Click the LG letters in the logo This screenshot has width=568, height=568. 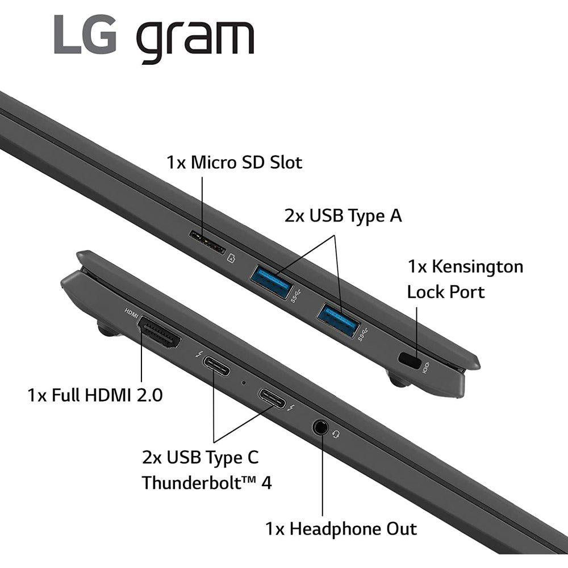(86, 35)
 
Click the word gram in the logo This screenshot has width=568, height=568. (195, 41)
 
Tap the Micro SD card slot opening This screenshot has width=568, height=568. (207, 243)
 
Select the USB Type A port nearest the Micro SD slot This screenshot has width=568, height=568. (272, 281)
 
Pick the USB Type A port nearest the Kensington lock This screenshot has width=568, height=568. (339, 320)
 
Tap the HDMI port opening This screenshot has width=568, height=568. (160, 332)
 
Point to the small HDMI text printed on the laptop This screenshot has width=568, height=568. (131, 313)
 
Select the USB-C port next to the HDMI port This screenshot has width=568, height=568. (216, 366)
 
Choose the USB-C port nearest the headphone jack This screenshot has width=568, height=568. (272, 399)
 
